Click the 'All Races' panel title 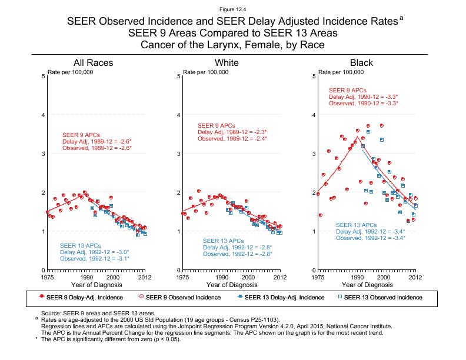[93, 63]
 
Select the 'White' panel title [227, 63]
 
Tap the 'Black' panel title [361, 63]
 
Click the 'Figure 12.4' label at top [232, 9]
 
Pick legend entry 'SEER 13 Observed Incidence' [382, 297]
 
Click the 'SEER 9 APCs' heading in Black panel [348, 90]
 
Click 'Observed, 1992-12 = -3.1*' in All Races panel [95, 258]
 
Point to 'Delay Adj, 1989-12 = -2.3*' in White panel [232, 132]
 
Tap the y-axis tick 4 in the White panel [179, 115]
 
